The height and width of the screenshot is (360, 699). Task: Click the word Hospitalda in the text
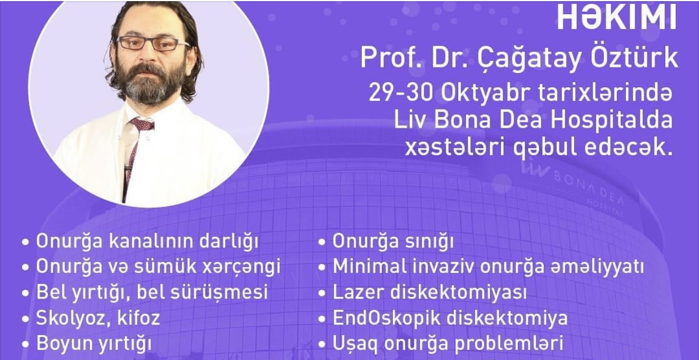611,121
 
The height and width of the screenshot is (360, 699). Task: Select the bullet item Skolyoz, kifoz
98,318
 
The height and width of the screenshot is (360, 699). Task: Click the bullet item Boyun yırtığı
94,344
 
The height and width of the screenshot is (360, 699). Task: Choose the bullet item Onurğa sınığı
393,241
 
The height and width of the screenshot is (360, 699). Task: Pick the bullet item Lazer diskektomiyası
429,292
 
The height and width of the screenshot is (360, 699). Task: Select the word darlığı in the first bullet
229,241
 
